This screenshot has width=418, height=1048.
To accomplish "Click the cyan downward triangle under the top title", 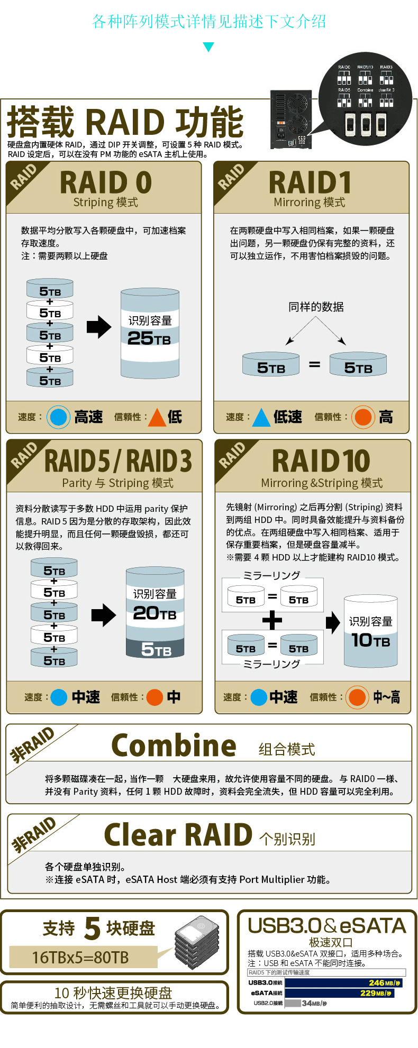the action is [209, 47].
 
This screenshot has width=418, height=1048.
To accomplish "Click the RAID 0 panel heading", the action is [106, 182].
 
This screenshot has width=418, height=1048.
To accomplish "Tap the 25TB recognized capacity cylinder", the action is [150, 333].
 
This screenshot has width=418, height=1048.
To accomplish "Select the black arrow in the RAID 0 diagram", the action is [99, 327].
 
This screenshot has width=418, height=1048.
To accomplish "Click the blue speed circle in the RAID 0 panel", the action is [58, 417].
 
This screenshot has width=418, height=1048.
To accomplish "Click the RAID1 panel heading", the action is [310, 182].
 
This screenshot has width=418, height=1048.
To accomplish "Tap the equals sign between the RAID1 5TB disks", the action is [315, 364].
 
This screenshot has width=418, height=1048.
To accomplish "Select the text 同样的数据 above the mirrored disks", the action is [316, 307].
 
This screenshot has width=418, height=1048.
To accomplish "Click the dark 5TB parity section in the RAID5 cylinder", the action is [155, 648].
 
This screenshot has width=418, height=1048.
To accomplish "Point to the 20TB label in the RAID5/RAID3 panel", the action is [155, 613].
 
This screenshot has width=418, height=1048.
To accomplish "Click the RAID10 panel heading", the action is [321, 461].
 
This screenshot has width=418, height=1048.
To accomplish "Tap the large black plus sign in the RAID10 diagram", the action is [272, 620].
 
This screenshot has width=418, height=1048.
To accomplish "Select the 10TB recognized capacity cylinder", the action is [370, 632].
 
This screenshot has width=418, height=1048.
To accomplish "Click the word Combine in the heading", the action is [174, 746].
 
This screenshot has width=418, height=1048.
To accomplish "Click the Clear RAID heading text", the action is [178, 835].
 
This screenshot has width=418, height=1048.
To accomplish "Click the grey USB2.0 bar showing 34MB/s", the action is [293, 1003].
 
